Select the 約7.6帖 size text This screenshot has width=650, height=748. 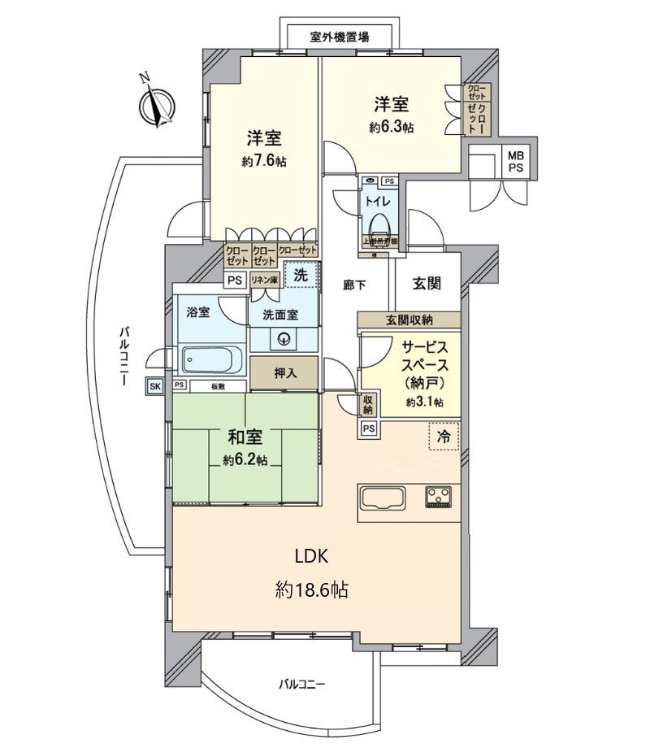tap(263, 162)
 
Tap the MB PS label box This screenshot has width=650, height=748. tap(516, 161)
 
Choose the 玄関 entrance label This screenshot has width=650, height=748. tap(427, 284)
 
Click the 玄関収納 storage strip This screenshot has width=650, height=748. tap(409, 320)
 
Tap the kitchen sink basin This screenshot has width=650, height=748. tap(387, 497)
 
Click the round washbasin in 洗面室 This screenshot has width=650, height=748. tap(284, 340)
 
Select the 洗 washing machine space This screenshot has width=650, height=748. tap(301, 276)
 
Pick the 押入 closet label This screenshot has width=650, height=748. tap(284, 373)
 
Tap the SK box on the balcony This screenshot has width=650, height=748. tap(154, 386)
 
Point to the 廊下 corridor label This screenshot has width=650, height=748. tap(355, 285)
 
